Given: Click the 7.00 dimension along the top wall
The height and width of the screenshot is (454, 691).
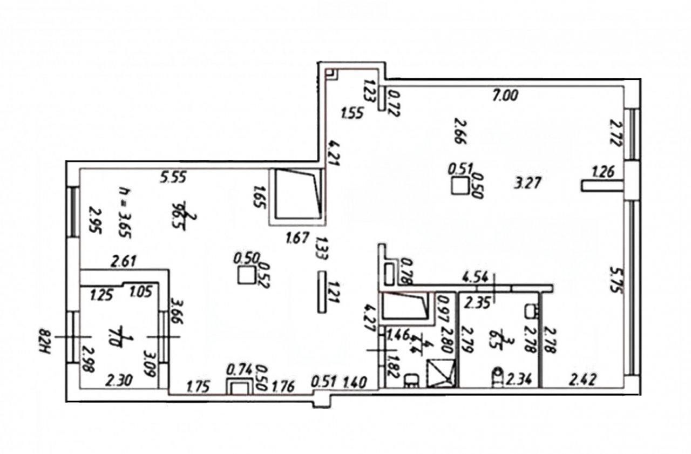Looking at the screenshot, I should click(506, 96).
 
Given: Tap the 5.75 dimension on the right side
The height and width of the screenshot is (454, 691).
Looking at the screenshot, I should click(613, 279).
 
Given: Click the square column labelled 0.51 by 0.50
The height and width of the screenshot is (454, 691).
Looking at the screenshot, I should click(459, 186).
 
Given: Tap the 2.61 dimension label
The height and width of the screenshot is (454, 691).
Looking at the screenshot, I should click(123, 262).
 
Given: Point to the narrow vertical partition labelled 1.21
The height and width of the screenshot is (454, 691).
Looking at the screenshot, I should click(322, 292).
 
